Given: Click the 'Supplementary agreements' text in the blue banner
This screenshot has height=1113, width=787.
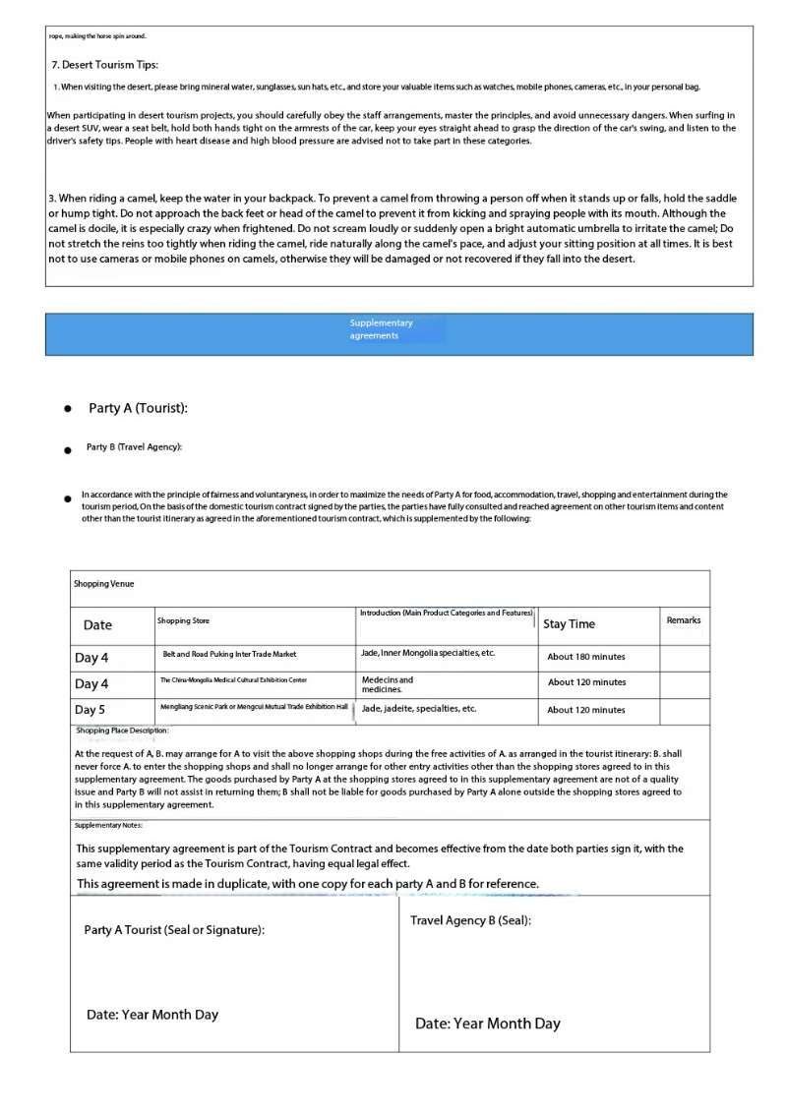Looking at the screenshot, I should [381, 329].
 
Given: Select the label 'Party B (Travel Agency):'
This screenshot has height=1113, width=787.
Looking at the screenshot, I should [134, 447].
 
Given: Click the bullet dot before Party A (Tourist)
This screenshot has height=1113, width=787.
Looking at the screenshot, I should [67, 409].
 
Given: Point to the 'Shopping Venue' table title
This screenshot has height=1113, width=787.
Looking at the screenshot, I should [104, 584].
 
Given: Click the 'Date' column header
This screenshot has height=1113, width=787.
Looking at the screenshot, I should [97, 625].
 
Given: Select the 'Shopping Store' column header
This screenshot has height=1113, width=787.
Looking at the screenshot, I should [183, 621].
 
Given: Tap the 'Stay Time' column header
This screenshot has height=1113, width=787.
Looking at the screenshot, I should [569, 624].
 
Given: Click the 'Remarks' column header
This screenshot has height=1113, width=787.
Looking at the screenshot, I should [684, 620].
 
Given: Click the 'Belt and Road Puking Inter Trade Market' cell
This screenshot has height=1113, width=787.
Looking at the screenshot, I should [229, 655].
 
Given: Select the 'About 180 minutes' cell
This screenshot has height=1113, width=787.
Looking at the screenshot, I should [586, 657].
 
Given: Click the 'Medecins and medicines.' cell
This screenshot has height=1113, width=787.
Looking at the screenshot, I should [388, 684].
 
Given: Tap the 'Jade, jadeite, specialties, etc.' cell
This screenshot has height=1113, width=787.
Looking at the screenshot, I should [419, 709].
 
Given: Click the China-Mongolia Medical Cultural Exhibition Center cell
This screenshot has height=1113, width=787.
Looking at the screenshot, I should [233, 680].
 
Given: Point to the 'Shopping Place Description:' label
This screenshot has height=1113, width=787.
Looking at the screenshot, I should [122, 732].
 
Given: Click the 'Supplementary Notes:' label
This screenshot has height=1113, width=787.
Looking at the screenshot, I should [108, 826].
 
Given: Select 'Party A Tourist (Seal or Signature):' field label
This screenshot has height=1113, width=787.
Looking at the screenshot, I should [174, 930].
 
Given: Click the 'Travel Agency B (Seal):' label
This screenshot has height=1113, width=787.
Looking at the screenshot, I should [470, 921].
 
